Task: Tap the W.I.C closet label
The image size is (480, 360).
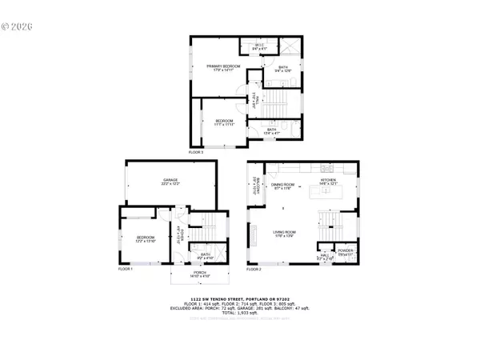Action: (259, 46)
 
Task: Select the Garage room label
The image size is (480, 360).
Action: (170, 182)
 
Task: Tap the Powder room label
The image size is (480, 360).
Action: (345, 252)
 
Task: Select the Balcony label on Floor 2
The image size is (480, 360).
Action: (254, 183)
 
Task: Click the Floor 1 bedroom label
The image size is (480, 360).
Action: (145, 239)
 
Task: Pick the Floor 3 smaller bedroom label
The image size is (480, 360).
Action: (223, 123)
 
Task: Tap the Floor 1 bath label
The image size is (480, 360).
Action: (206, 256)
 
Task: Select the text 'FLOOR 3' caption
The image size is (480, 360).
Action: (196, 151)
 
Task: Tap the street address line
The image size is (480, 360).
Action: (240, 297)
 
